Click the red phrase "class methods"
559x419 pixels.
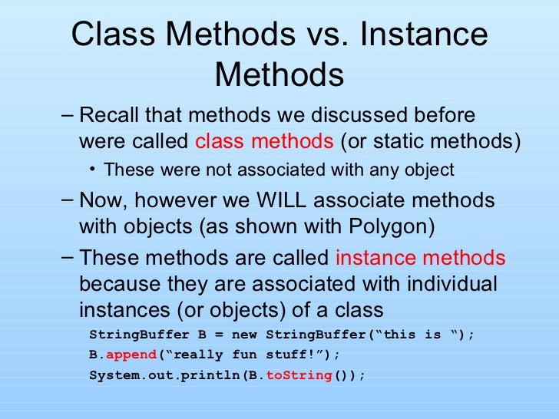click(265, 142)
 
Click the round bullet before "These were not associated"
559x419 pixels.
click(93, 169)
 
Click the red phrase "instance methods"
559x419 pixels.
click(422, 258)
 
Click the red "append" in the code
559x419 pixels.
click(131, 355)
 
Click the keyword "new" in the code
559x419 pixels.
click(246, 335)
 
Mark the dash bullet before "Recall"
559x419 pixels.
click(67, 116)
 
